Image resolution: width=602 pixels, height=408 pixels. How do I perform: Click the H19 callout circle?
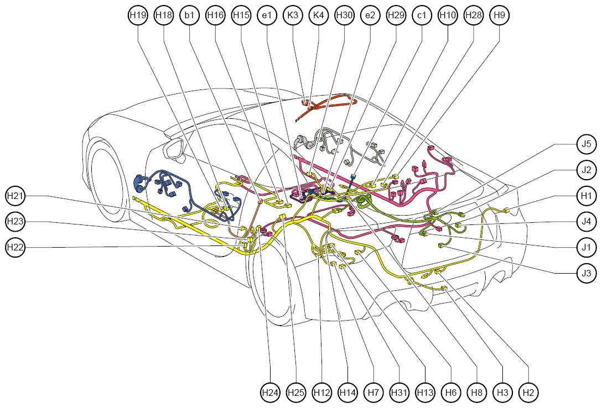pyautogui.click(x=138, y=15)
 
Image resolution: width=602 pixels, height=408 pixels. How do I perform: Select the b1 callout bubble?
pyautogui.click(x=190, y=15)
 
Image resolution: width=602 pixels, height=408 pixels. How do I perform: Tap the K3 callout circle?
pyautogui.click(x=293, y=15)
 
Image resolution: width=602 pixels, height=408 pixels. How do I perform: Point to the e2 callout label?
pyautogui.click(x=370, y=15)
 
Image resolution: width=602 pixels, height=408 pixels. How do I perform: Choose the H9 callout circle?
pyautogui.click(x=500, y=15)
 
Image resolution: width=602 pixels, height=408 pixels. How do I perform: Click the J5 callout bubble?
pyautogui.click(x=587, y=144)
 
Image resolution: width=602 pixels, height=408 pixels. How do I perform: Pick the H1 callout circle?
pyautogui.click(x=587, y=196)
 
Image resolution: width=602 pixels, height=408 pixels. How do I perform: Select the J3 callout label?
pyautogui.click(x=587, y=274)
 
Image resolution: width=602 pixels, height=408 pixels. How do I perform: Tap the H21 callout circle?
pyautogui.click(x=15, y=196)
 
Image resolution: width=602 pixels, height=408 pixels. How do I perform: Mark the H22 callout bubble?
pyautogui.click(x=15, y=247)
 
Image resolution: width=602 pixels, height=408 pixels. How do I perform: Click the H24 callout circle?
pyautogui.click(x=270, y=393)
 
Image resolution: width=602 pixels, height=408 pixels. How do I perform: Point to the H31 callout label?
pyautogui.click(x=399, y=393)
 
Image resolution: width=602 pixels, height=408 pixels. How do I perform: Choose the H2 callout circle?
pyautogui.click(x=528, y=393)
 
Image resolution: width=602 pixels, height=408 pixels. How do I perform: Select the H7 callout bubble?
pyautogui.click(x=373, y=393)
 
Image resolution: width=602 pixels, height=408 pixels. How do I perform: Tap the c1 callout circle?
pyautogui.click(x=422, y=15)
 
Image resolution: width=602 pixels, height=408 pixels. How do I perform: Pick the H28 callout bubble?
pyautogui.click(x=474, y=15)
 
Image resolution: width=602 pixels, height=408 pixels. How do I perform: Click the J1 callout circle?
pyautogui.click(x=587, y=247)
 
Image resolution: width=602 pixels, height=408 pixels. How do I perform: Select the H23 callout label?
pyautogui.click(x=15, y=222)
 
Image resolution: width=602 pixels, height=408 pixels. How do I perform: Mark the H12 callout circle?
pyautogui.click(x=321, y=393)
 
